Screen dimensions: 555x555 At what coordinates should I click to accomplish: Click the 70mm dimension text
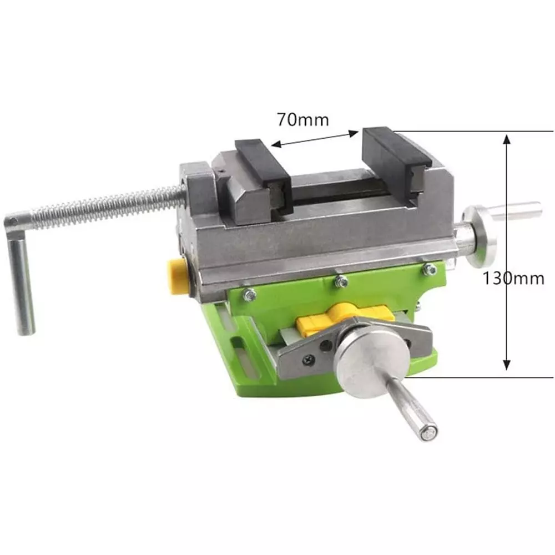click(x=302, y=119)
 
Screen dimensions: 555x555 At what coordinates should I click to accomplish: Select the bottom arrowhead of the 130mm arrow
click(x=506, y=364)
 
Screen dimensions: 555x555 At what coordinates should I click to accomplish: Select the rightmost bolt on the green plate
click(x=429, y=270)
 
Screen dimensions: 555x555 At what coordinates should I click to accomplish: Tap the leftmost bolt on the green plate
click(x=250, y=294)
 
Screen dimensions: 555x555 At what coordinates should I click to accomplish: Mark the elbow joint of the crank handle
click(x=14, y=224)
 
